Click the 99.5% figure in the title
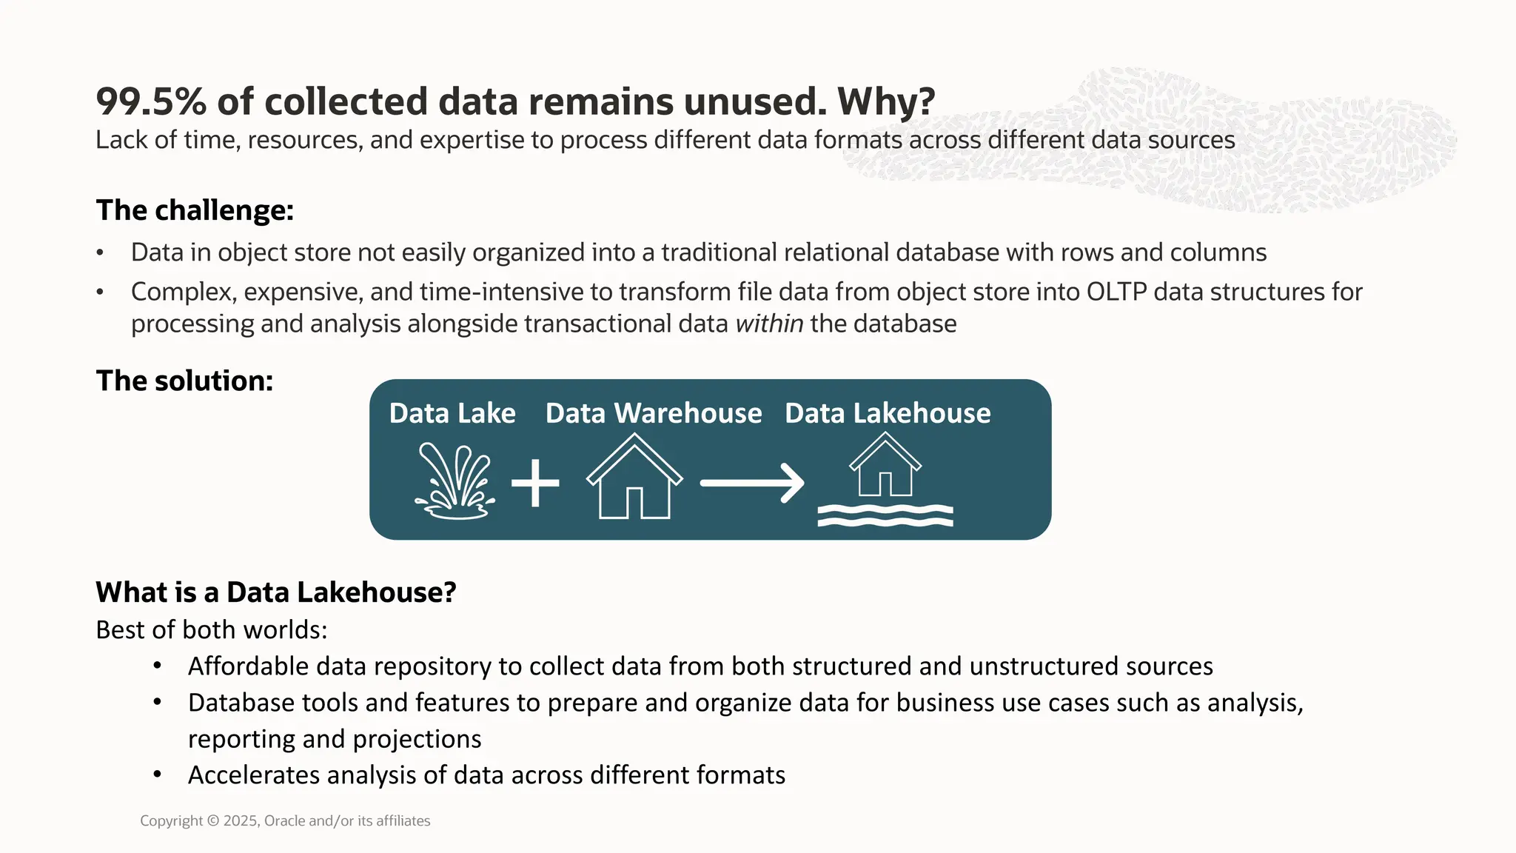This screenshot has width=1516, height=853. [x=151, y=101]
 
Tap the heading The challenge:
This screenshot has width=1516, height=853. [x=195, y=210]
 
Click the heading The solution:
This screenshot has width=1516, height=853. [x=184, y=381]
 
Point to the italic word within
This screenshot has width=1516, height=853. [x=769, y=324]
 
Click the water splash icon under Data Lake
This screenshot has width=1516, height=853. [x=455, y=481]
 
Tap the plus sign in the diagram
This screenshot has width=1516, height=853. [x=535, y=483]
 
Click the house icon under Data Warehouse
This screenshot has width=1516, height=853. [x=634, y=478]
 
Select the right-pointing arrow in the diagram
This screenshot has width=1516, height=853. [x=752, y=483]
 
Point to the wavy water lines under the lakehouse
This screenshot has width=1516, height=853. [x=885, y=515]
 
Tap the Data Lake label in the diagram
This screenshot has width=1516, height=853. [x=452, y=413]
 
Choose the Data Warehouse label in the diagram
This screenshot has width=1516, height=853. [x=654, y=413]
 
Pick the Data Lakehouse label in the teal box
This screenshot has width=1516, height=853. [x=888, y=413]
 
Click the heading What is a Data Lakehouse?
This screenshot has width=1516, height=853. [x=276, y=592]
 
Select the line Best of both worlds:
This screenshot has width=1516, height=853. [x=212, y=629]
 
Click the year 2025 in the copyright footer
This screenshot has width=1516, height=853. [x=241, y=821]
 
